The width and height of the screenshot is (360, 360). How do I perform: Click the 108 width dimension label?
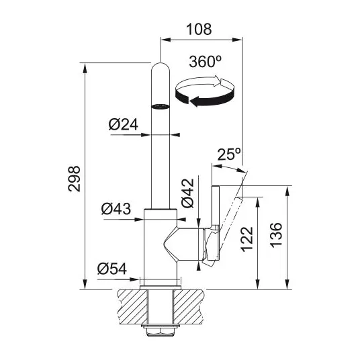pyautogui.click(x=199, y=30)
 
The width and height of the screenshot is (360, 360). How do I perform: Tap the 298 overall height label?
pyautogui.click(x=74, y=179)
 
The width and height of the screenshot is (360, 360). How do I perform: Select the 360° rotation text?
pyautogui.click(x=205, y=62)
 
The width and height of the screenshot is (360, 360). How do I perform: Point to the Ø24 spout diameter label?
pyautogui.click(x=124, y=124)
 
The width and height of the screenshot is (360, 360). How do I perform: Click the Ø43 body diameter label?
pyautogui.click(x=116, y=209)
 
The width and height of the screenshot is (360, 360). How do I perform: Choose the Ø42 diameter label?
pyautogui.click(x=188, y=193)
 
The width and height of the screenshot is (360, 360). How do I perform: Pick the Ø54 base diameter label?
pyautogui.click(x=111, y=269)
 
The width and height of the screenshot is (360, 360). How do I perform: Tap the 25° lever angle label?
pyautogui.click(x=229, y=154)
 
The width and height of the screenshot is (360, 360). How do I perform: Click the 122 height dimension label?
pyautogui.click(x=247, y=239)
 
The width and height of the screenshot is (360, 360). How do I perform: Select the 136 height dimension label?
pyautogui.click(x=276, y=235)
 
